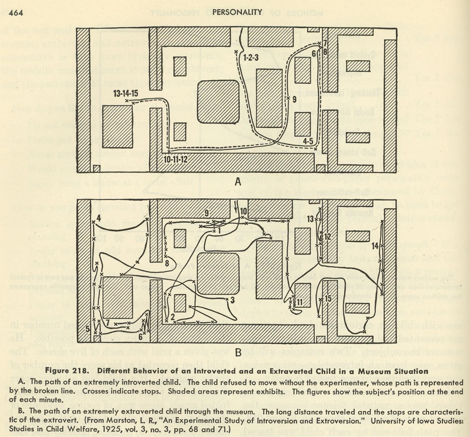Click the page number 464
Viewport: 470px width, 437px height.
tap(16, 13)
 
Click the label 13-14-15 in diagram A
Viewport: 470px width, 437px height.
tap(126, 93)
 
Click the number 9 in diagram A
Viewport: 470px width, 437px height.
tap(294, 99)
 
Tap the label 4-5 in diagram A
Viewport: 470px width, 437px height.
tap(308, 141)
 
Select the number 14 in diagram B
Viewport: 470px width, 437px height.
tap(375, 246)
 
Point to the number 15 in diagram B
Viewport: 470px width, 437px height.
tap(328, 298)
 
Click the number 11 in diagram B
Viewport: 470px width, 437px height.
tap(300, 302)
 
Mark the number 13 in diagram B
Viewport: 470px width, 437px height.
tap(311, 219)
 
